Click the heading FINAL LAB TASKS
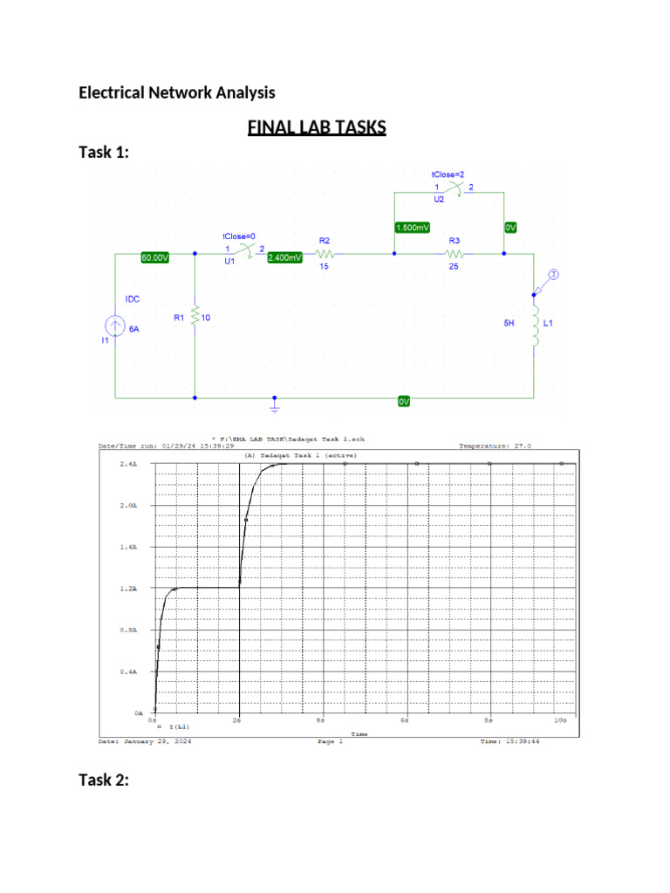click(x=317, y=128)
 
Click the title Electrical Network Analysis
click(x=177, y=92)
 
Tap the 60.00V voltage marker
click(x=155, y=257)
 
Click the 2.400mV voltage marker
click(x=284, y=257)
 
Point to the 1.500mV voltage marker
click(x=412, y=228)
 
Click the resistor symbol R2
click(x=323, y=254)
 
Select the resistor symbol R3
click(x=452, y=254)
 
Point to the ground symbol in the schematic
click(x=275, y=406)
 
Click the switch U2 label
click(x=439, y=200)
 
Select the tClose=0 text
click(x=238, y=236)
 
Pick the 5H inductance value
click(x=509, y=323)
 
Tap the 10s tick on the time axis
click(x=560, y=721)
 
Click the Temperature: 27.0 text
click(x=494, y=446)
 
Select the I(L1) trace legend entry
click(x=179, y=726)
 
